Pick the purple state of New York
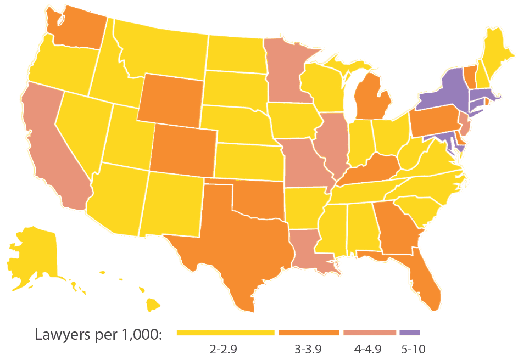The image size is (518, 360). (439, 93)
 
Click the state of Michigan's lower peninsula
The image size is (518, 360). (374, 99)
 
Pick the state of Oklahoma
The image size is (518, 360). (258, 200)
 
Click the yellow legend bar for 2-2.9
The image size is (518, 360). (225, 333)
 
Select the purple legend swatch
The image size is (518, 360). (409, 333)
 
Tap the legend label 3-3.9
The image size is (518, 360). (308, 348)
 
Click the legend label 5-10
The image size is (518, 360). (413, 348)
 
